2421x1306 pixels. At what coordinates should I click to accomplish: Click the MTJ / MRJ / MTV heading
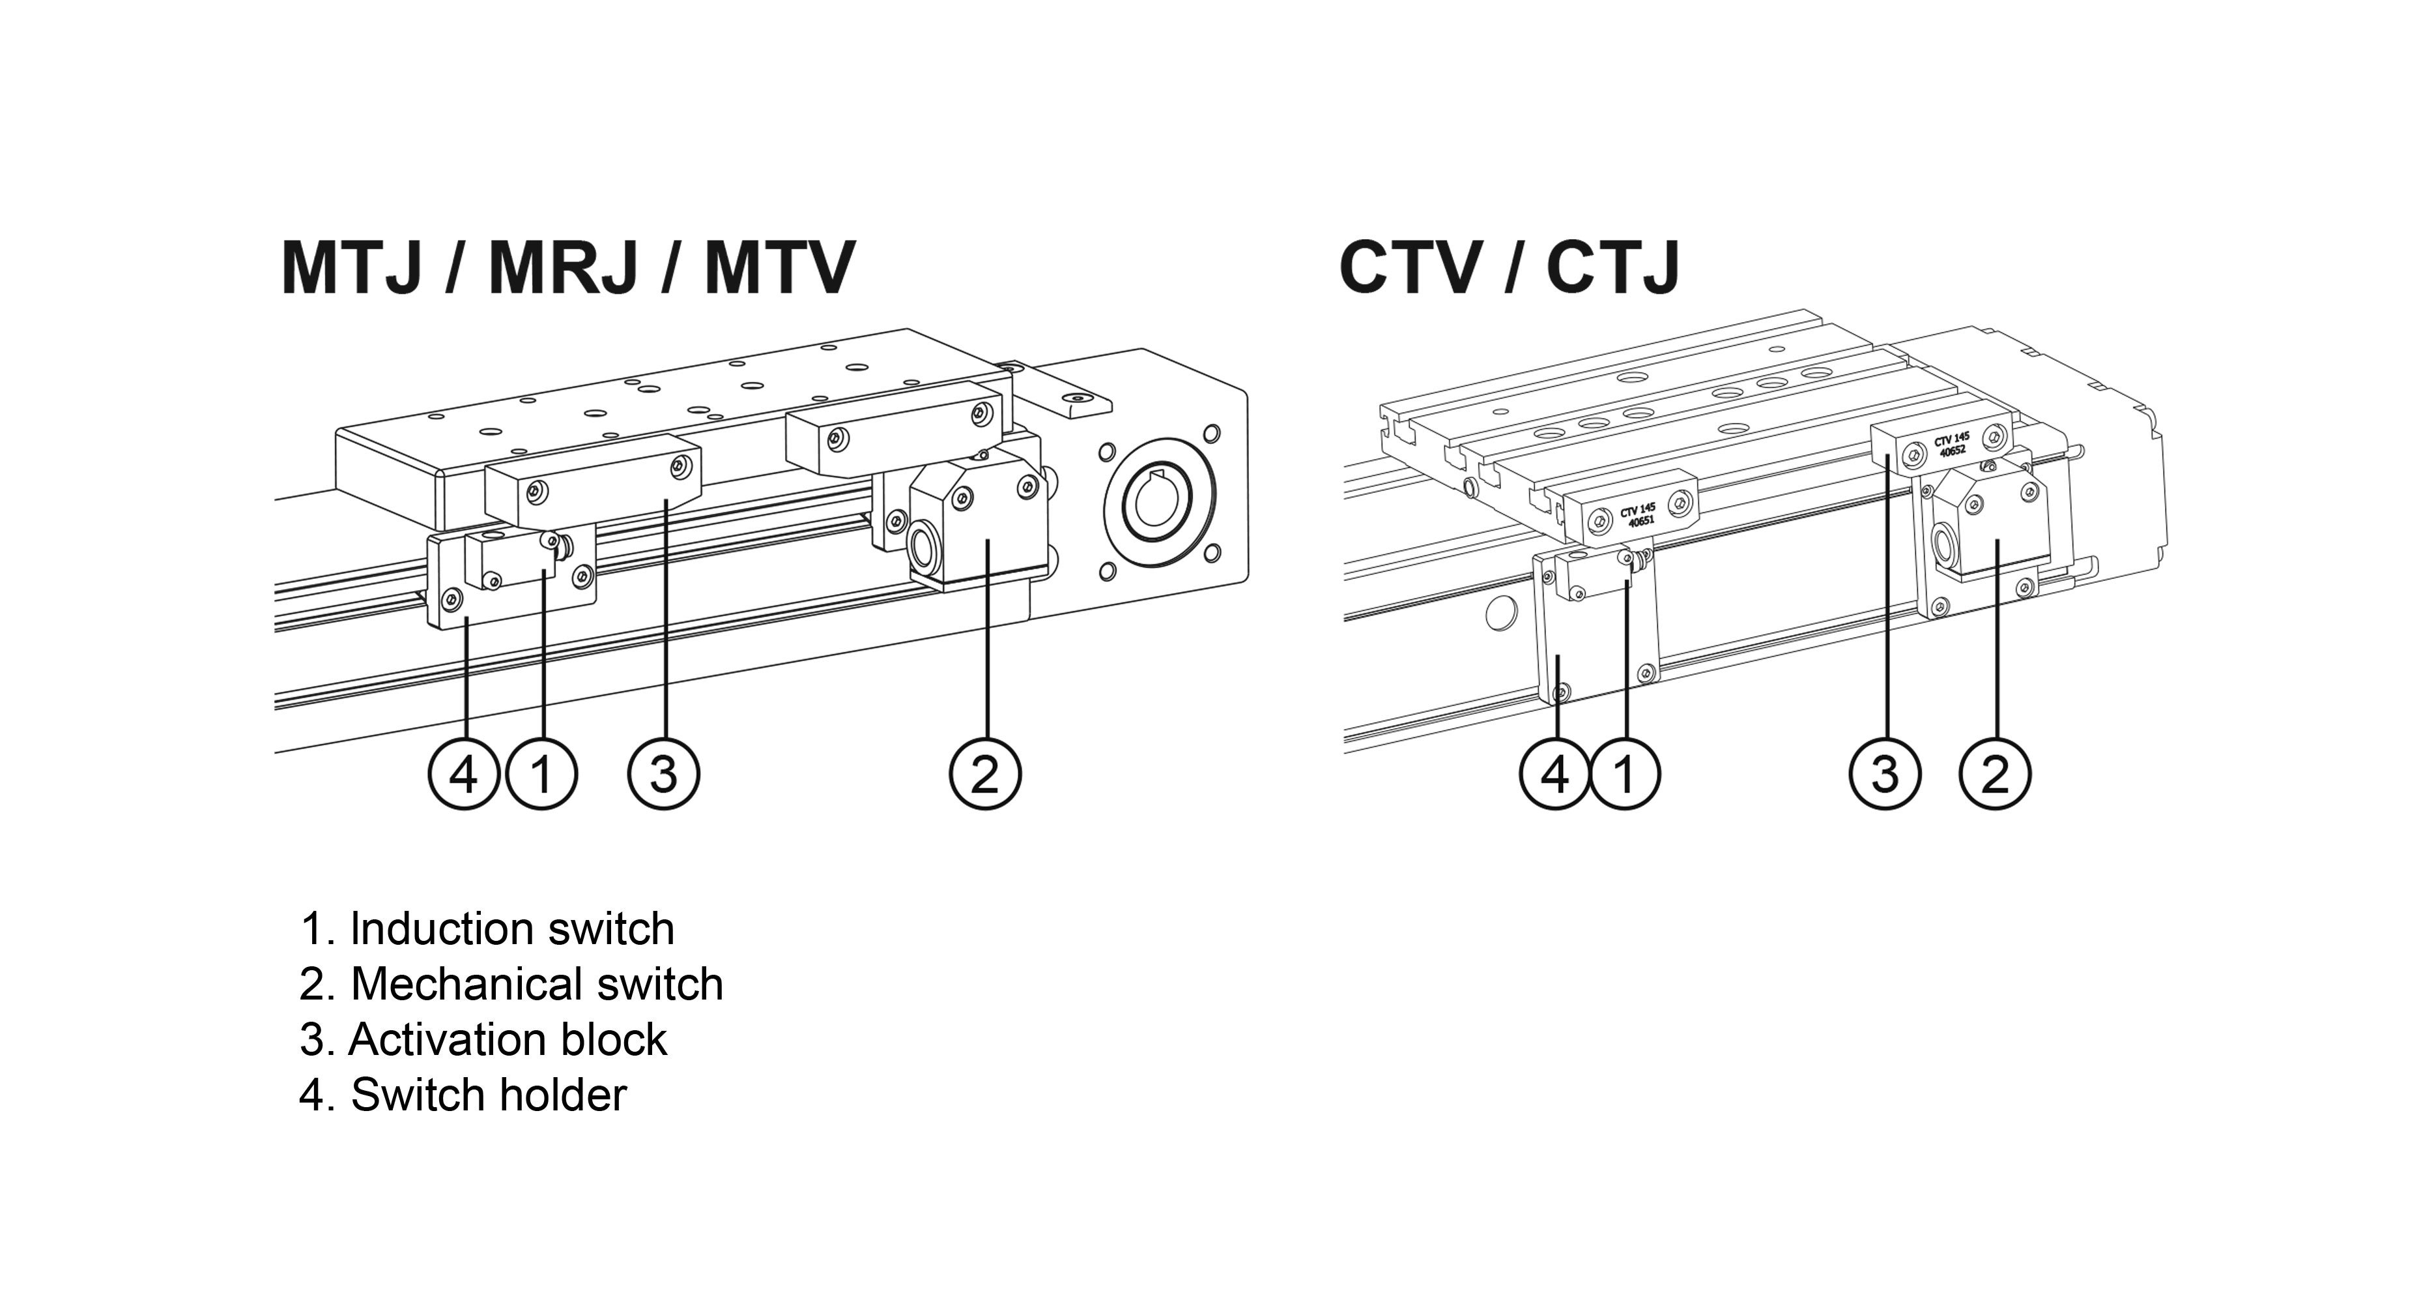pos(567,269)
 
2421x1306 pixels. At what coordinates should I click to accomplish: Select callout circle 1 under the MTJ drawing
pos(542,774)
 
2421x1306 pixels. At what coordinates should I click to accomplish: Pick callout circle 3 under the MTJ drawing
pos(663,774)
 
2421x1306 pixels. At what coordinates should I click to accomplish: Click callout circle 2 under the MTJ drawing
pos(985,774)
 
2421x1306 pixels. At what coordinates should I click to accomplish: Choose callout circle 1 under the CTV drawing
pos(1625,774)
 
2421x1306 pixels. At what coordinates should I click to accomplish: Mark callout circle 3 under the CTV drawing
pos(1885,774)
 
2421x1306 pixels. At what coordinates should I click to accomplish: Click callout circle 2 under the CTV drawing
pos(1994,774)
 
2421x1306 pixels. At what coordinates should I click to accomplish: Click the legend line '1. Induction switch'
pos(487,929)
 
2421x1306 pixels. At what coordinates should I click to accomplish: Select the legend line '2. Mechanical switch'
pos(511,985)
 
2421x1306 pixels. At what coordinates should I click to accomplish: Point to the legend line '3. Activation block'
pos(483,1040)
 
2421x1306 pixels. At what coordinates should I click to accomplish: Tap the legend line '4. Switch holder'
pos(463,1095)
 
